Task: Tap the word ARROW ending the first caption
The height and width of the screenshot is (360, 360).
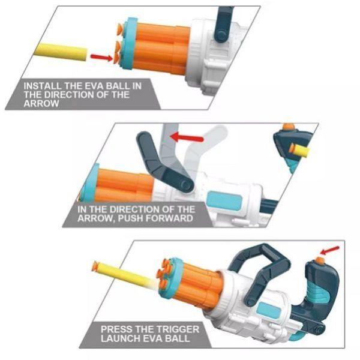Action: (43, 103)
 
